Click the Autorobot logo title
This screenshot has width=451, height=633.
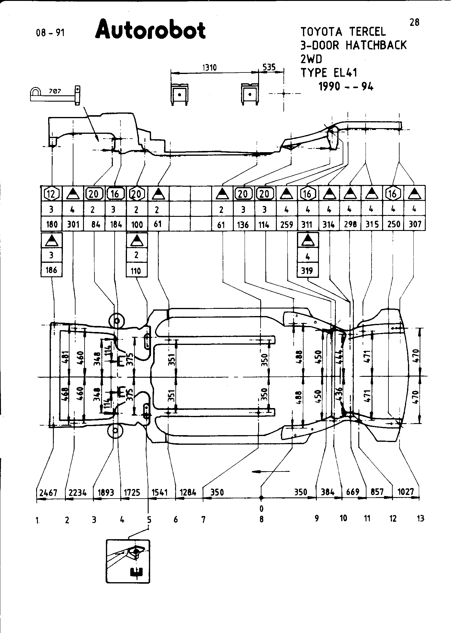tap(150, 30)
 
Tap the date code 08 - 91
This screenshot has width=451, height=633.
tap(50, 32)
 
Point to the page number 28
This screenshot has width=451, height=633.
tap(414, 22)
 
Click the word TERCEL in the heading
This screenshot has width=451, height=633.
tap(367, 32)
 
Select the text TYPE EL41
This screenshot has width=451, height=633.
tap(329, 73)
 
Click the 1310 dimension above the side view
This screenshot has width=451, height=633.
tap(209, 67)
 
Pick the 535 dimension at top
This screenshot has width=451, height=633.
tap(269, 67)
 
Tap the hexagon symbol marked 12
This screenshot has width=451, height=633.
tap(51, 194)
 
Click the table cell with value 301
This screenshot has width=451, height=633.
tap(73, 224)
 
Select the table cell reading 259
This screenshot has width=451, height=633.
tap(286, 224)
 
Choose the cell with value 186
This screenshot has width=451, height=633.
tap(51, 270)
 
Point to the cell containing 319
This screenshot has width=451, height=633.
tap(307, 271)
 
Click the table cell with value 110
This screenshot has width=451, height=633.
tap(136, 271)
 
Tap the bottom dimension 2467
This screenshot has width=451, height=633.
tap(48, 493)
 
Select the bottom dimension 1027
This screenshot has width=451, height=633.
tap(406, 492)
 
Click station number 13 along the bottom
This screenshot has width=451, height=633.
tap(420, 518)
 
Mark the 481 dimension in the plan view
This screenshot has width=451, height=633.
tap(66, 358)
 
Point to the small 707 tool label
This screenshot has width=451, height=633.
tap(55, 91)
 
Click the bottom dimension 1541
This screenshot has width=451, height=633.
tap(159, 492)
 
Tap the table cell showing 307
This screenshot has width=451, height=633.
tap(415, 224)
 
